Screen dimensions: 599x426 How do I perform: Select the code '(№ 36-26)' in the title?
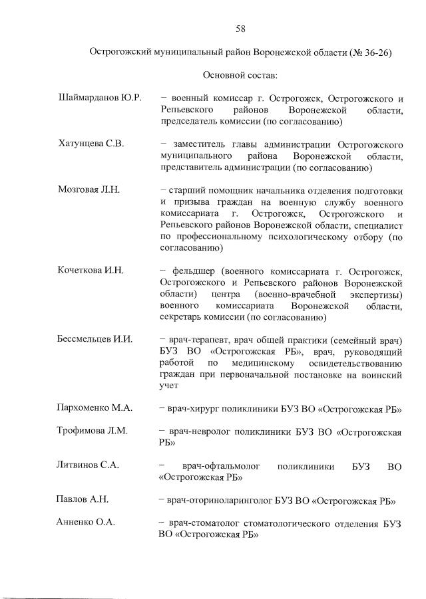370,52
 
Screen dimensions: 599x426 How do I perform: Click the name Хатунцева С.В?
91,144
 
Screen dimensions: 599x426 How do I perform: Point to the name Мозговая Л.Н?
89,189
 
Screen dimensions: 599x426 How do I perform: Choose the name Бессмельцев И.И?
96,339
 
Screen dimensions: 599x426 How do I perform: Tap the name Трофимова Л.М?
93,431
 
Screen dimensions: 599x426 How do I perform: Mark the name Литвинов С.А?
88,465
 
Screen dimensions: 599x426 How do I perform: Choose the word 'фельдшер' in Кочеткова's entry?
192,271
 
